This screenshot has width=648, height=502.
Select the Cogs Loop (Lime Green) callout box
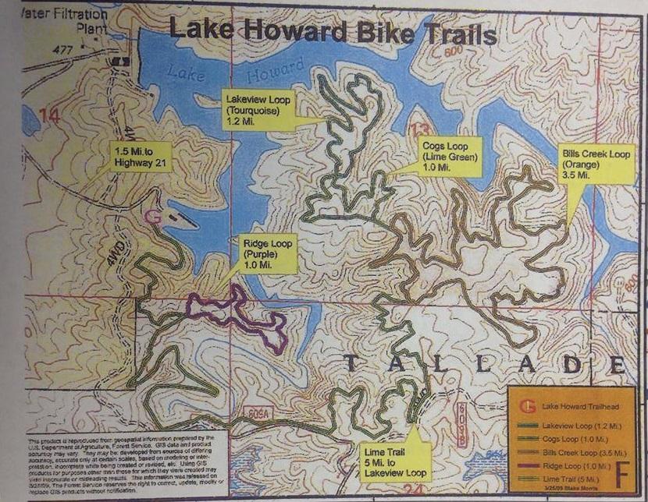pyautogui.click(x=450, y=156)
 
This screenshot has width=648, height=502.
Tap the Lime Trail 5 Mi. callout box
pyautogui.click(x=395, y=461)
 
